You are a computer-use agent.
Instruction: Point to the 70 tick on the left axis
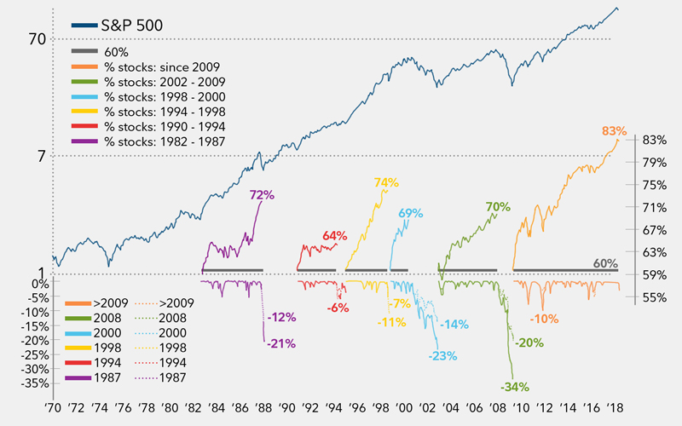click(x=36, y=39)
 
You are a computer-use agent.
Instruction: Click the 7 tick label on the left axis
click(x=39, y=156)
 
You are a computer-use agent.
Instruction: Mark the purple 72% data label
click(x=262, y=195)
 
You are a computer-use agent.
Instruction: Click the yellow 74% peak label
click(x=386, y=182)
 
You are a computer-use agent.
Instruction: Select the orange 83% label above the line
click(x=614, y=132)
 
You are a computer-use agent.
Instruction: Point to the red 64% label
click(x=335, y=236)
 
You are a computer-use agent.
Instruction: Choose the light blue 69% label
click(x=410, y=212)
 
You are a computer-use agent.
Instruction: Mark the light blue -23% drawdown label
click(x=441, y=355)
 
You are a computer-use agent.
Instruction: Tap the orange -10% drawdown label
click(x=544, y=319)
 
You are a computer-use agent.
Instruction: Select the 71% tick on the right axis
click(x=655, y=207)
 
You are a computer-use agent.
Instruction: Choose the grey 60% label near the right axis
click(x=604, y=264)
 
